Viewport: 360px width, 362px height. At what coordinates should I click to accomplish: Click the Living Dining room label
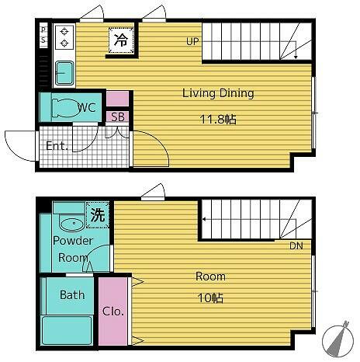[x=218, y=93]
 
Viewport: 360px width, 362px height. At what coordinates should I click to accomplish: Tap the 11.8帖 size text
[x=218, y=120]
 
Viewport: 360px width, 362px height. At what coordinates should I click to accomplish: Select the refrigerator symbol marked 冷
[x=121, y=40]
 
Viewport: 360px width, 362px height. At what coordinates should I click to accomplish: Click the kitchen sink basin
[x=64, y=73]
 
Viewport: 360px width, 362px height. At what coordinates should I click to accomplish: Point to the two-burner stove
[x=64, y=37]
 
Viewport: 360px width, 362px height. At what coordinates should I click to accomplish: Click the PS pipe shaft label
[x=43, y=36]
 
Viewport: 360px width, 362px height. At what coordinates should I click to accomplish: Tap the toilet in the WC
[x=66, y=107]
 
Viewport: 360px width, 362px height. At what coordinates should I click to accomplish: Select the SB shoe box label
[x=118, y=117]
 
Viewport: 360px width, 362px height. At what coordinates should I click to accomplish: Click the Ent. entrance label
[x=57, y=146]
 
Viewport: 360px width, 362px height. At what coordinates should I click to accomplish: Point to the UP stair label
[x=192, y=41]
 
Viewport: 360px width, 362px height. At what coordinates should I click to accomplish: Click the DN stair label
[x=296, y=245]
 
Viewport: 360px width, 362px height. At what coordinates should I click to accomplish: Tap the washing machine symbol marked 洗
[x=98, y=215]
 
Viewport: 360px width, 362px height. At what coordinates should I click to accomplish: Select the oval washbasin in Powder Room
[x=71, y=224]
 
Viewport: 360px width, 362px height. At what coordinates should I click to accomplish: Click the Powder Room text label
[x=73, y=249]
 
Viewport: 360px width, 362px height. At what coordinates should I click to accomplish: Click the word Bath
[x=72, y=295]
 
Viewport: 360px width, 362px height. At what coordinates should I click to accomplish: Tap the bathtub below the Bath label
[x=67, y=331]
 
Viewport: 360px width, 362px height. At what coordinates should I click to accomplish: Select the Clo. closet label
[x=113, y=312]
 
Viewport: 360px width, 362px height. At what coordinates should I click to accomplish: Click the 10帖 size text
[x=210, y=298]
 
